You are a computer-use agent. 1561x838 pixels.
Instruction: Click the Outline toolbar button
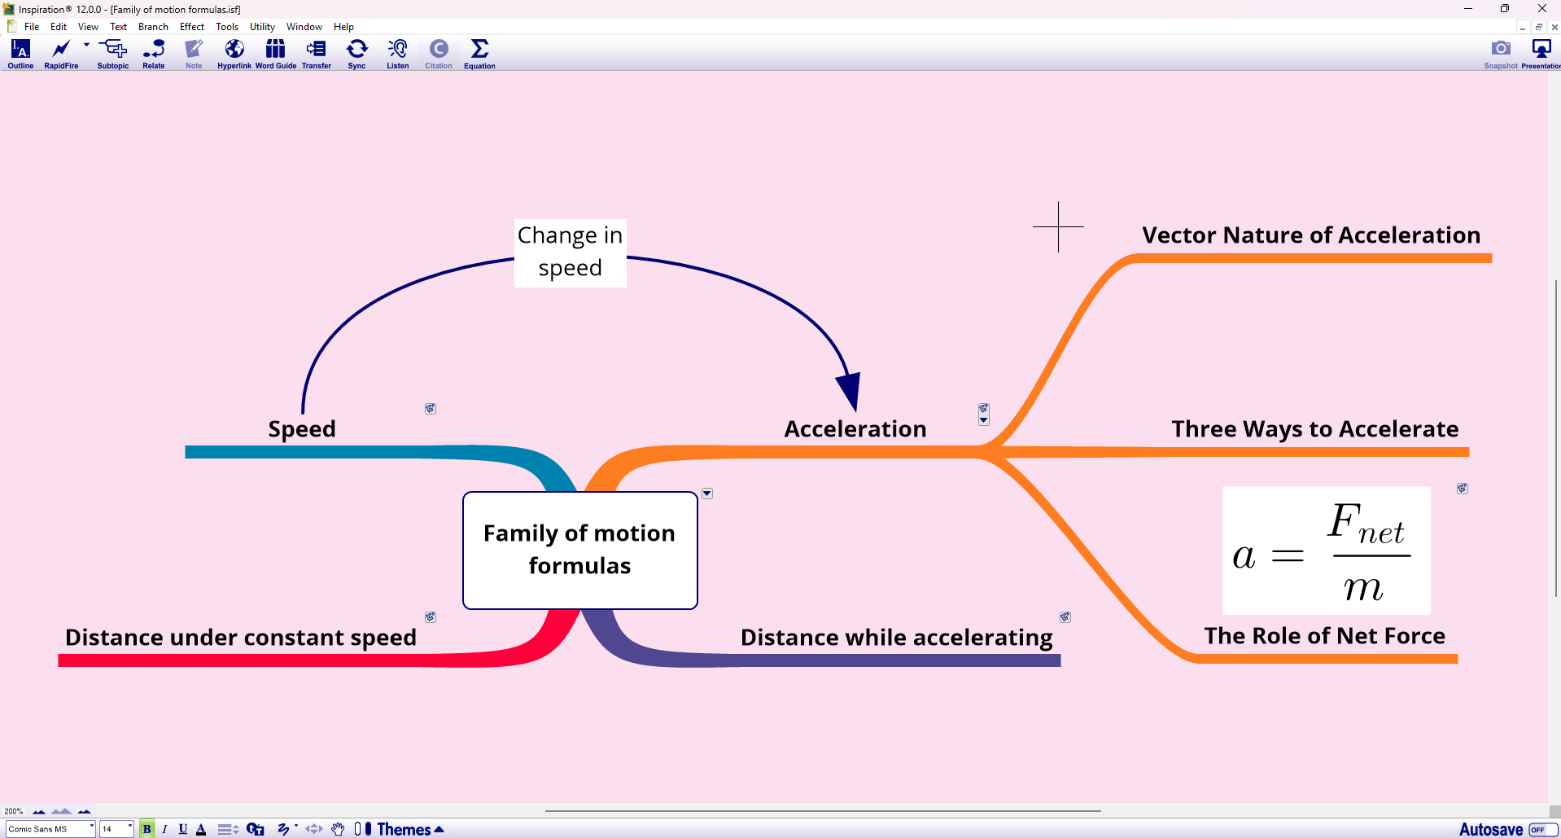click(x=20, y=54)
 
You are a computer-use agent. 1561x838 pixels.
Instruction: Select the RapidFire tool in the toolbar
click(x=61, y=54)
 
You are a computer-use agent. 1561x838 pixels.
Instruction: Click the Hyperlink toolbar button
click(x=234, y=54)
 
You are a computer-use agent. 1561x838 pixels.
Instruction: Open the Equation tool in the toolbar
click(x=479, y=54)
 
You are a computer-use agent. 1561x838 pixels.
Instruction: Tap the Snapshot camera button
click(x=1500, y=54)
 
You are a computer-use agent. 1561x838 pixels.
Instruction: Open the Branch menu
click(x=153, y=27)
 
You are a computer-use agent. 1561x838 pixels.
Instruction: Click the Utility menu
click(x=262, y=27)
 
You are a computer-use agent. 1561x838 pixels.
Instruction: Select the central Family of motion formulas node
click(x=579, y=550)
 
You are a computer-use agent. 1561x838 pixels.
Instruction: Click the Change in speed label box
click(x=570, y=252)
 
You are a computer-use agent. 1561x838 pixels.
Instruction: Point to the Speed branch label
click(x=302, y=429)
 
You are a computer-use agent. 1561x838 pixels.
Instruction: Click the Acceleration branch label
click(x=855, y=429)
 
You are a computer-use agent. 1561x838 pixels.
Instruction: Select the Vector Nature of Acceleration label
click(x=1310, y=235)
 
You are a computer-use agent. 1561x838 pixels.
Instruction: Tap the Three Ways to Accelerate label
click(x=1314, y=429)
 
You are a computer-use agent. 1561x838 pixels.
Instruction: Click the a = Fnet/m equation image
click(x=1326, y=551)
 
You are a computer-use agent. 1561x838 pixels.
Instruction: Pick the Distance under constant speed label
click(x=240, y=638)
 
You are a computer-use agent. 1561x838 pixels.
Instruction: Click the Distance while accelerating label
click(x=896, y=638)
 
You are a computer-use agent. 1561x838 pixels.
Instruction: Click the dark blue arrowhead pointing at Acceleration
click(x=849, y=391)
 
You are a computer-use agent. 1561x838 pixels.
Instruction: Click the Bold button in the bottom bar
click(x=146, y=829)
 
